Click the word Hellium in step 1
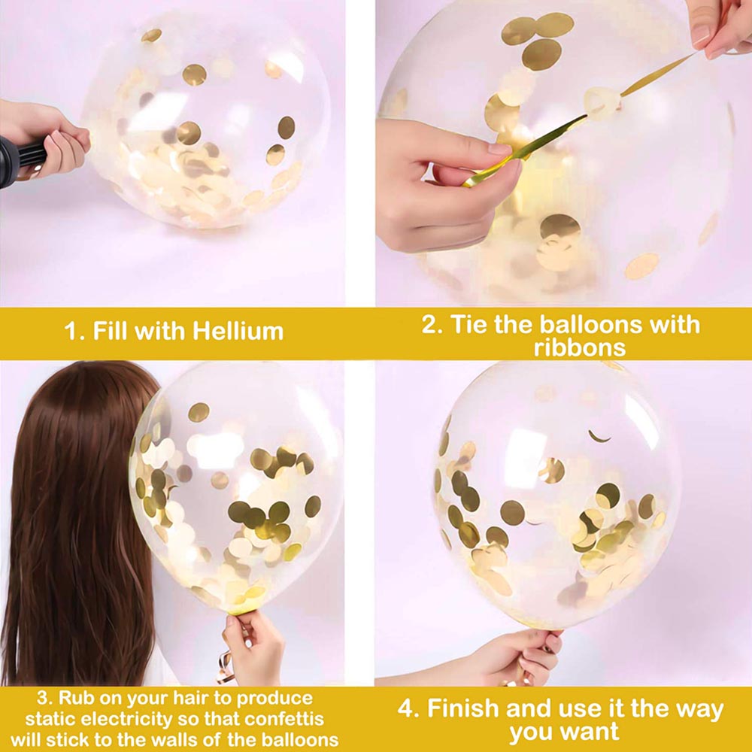point(238,331)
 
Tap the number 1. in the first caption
point(74,331)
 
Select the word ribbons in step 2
point(580,347)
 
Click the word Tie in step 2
point(471,324)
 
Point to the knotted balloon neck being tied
point(602,102)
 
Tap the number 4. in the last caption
point(409,708)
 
